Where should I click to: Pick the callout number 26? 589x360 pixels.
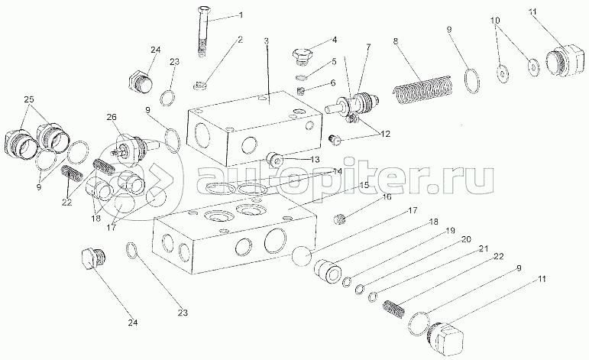112,117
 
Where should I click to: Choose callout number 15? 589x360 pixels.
365,185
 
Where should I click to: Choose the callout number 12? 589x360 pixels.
384,133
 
